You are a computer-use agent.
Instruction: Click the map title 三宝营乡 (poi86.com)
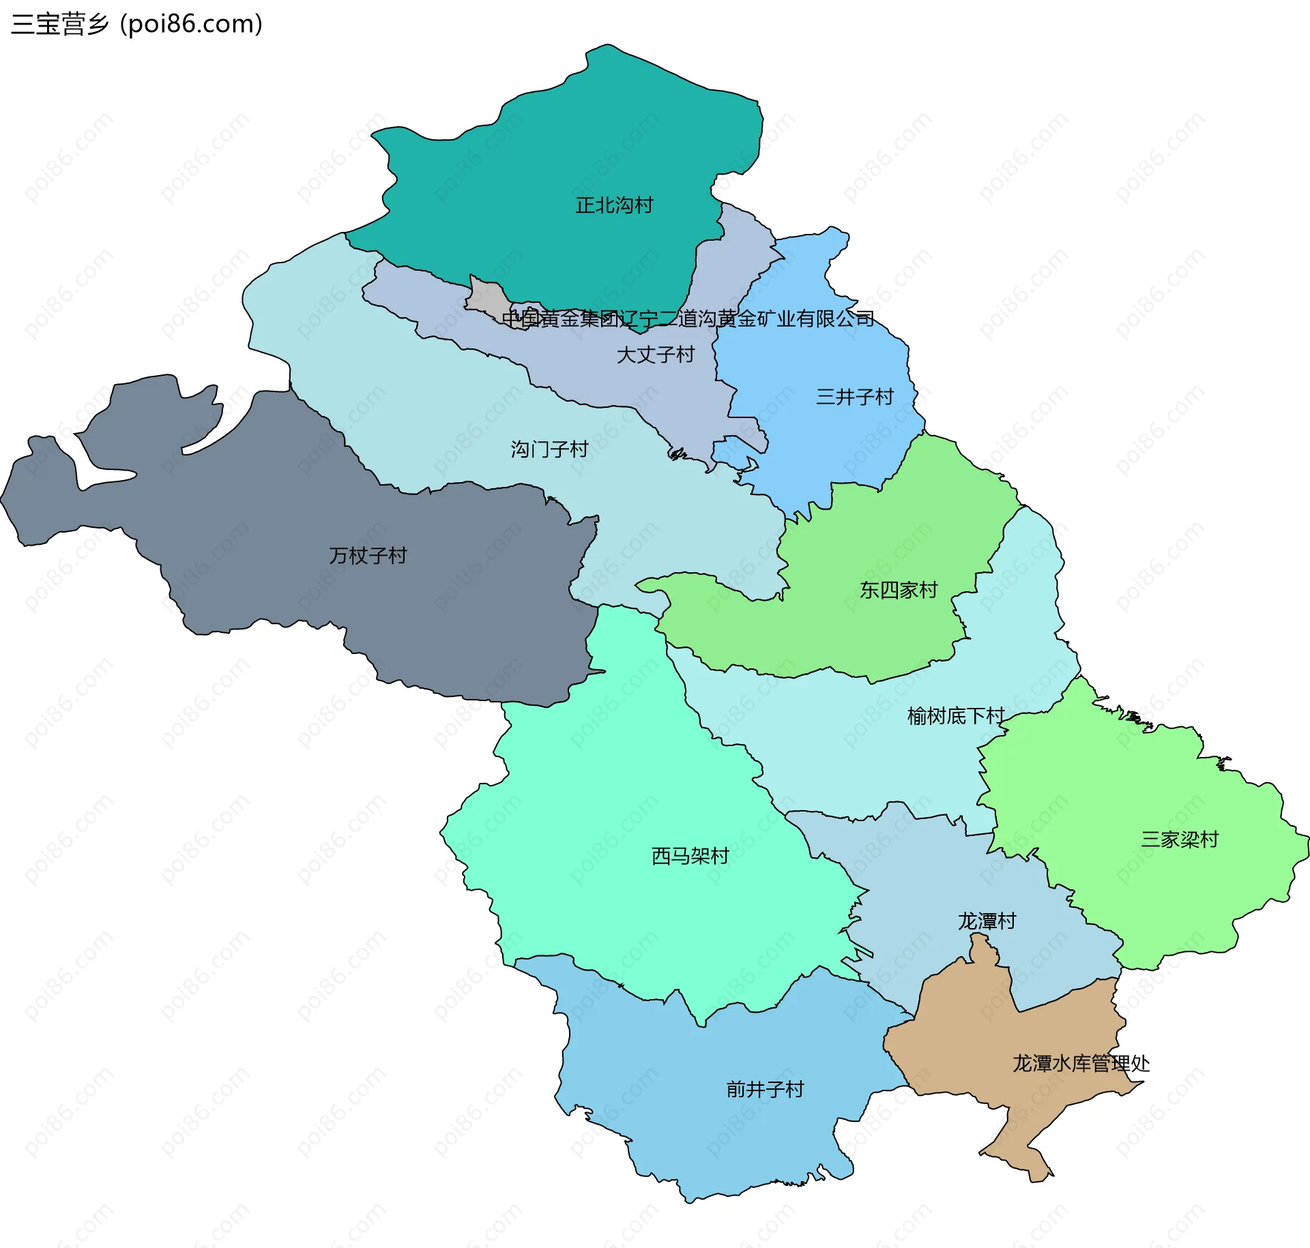tap(136, 24)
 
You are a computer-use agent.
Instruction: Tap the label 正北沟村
tap(614, 205)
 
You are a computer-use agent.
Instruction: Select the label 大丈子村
tap(655, 355)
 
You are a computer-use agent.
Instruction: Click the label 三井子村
tap(854, 397)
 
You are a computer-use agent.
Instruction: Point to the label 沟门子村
tap(549, 449)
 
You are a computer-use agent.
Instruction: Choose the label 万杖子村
tap(368, 556)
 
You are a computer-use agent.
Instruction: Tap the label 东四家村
tap(899, 590)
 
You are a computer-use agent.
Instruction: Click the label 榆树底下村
tap(955, 716)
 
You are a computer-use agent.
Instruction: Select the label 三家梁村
tap(1180, 840)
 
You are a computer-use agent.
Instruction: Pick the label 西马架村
tap(690, 856)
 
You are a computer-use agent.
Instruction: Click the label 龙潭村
tap(987, 921)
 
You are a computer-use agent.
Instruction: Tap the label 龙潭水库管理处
tap(1081, 1063)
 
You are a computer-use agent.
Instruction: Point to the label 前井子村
tap(765, 1089)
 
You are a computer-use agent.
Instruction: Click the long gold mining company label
tap(688, 318)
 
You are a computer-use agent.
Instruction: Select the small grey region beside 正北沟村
tap(486, 297)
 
